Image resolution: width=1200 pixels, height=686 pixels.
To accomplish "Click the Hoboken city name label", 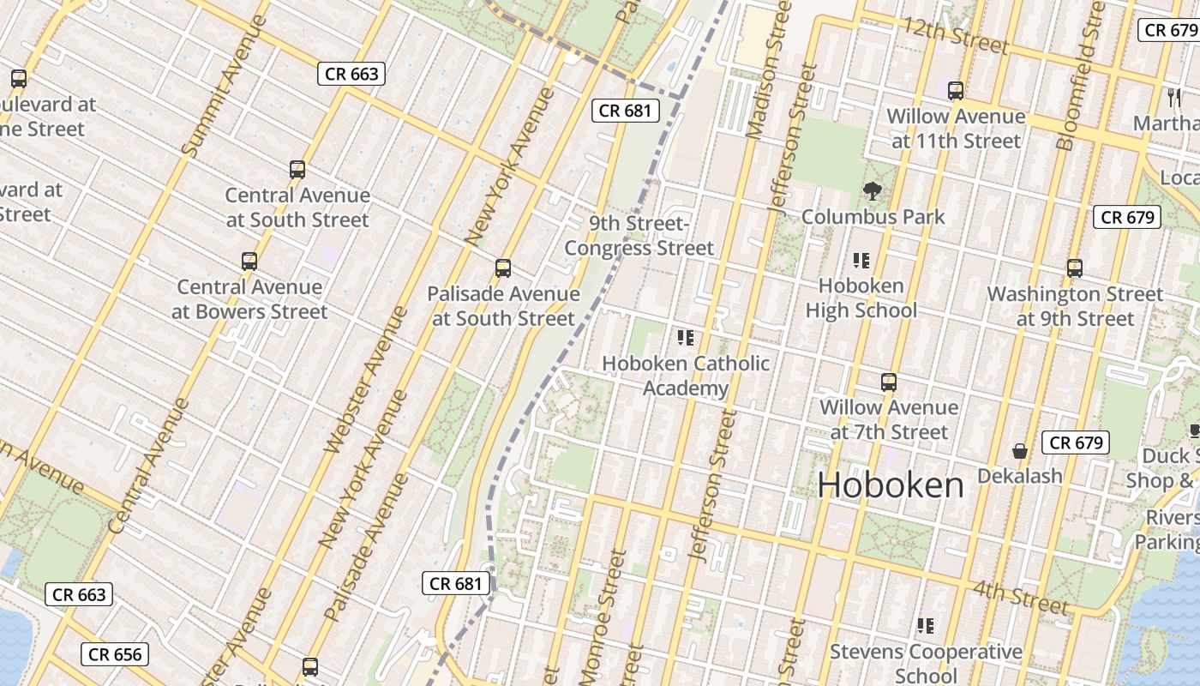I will pos(891,485).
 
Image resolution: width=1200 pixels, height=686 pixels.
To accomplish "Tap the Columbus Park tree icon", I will pos(873,190).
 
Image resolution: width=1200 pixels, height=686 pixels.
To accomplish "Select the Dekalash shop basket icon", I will pos(1020,450).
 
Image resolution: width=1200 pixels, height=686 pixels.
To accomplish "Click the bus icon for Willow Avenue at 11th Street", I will pos(956,90).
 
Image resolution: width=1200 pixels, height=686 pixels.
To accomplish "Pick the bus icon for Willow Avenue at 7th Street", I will pos(889,382).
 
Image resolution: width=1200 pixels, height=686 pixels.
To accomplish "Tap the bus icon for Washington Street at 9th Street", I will pos(1075,268).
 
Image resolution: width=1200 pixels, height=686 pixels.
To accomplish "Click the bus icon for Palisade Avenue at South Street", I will pos(503,268).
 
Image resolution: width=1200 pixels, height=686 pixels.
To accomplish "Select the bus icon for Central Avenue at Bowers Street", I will pos(249,261).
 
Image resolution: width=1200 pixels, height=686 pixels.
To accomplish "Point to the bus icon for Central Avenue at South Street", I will pos(297,169).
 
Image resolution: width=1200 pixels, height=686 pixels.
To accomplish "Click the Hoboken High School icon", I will pos(861,260).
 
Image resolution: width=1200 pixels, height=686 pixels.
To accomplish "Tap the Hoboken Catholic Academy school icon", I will pos(685,337).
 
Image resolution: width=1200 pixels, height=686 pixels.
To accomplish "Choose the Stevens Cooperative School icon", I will pos(925,625).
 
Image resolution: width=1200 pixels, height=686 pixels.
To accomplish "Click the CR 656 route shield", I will pos(115,655).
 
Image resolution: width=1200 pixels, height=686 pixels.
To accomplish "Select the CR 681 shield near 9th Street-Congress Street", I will pos(626,110).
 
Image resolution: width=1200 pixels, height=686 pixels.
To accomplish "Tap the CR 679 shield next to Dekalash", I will pos(1076,442).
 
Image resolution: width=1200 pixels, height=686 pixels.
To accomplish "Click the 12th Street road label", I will pos(954,35).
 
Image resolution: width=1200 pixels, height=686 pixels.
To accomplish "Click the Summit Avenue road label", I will pos(213,109).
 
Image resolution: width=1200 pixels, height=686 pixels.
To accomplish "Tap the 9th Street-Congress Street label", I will pos(639,236).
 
